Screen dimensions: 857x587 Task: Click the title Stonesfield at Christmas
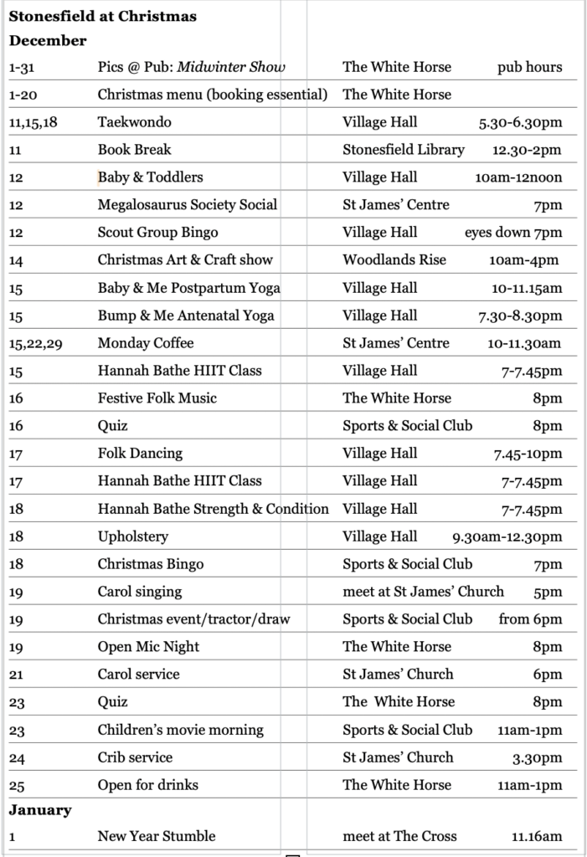[103, 16]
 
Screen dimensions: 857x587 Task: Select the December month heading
[48, 40]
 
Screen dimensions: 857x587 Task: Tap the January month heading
[40, 809]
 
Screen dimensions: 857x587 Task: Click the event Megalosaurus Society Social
[187, 204]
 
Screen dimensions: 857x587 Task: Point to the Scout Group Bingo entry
[157, 232]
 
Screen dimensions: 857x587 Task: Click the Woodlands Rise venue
[394, 259]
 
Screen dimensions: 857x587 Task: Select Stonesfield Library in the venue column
[403, 149]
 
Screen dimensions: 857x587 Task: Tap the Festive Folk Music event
[157, 398]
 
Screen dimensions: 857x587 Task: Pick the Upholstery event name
[132, 536]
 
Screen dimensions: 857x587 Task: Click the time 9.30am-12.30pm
[507, 536]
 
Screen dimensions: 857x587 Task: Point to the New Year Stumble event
[156, 835]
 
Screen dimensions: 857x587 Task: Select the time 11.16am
[536, 835]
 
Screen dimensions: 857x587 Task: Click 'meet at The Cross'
[399, 835]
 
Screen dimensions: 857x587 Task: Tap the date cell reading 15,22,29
[35, 343]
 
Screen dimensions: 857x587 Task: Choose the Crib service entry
[135, 757]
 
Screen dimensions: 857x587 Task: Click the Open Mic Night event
[148, 646]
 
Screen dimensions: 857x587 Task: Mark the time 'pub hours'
[529, 67]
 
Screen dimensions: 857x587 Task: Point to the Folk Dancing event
[140, 453]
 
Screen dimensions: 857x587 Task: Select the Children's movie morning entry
[180, 729]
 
